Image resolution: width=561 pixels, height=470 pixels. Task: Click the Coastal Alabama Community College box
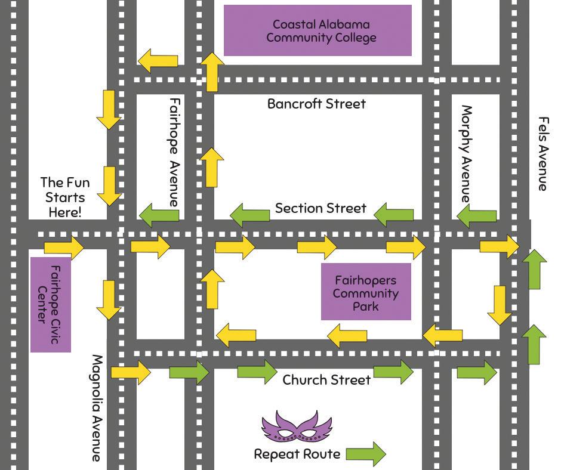click(x=318, y=30)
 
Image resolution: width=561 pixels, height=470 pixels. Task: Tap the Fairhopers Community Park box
click(x=366, y=292)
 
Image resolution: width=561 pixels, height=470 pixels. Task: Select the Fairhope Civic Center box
click(x=51, y=304)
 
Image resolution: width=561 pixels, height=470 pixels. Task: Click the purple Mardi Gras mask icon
click(x=297, y=427)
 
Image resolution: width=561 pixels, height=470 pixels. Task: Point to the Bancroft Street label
click(x=316, y=104)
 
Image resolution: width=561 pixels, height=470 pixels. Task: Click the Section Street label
click(x=320, y=208)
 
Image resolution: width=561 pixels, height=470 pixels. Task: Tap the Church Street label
click(x=326, y=380)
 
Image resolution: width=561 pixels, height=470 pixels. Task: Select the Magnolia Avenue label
click(x=97, y=408)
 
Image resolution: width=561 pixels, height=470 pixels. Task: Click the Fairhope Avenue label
click(x=174, y=151)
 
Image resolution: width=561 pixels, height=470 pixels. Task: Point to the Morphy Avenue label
click(x=467, y=154)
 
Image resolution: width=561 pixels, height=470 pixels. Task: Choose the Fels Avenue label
click(x=542, y=154)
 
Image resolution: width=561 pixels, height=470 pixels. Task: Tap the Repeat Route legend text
click(x=297, y=454)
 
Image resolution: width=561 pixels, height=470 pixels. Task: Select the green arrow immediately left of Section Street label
click(x=250, y=214)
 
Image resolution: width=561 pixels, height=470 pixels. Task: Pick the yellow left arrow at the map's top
click(x=158, y=60)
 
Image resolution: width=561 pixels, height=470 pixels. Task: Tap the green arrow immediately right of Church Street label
click(x=393, y=372)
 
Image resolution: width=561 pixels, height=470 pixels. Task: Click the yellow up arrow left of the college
click(x=212, y=72)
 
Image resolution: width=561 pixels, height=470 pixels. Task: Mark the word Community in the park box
click(x=366, y=293)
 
